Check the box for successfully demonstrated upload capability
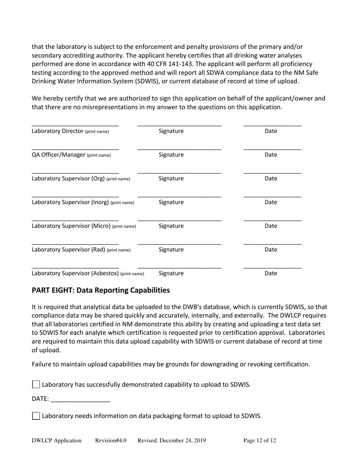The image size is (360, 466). (36, 385)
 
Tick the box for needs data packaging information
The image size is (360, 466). (36, 416)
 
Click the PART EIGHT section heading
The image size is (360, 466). (101, 290)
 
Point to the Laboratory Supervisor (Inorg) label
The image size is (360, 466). (70, 202)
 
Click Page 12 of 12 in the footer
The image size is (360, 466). (260, 441)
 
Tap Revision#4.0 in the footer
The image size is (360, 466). (111, 441)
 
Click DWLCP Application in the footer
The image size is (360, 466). (56, 441)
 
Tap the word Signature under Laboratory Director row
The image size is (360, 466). (171, 131)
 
